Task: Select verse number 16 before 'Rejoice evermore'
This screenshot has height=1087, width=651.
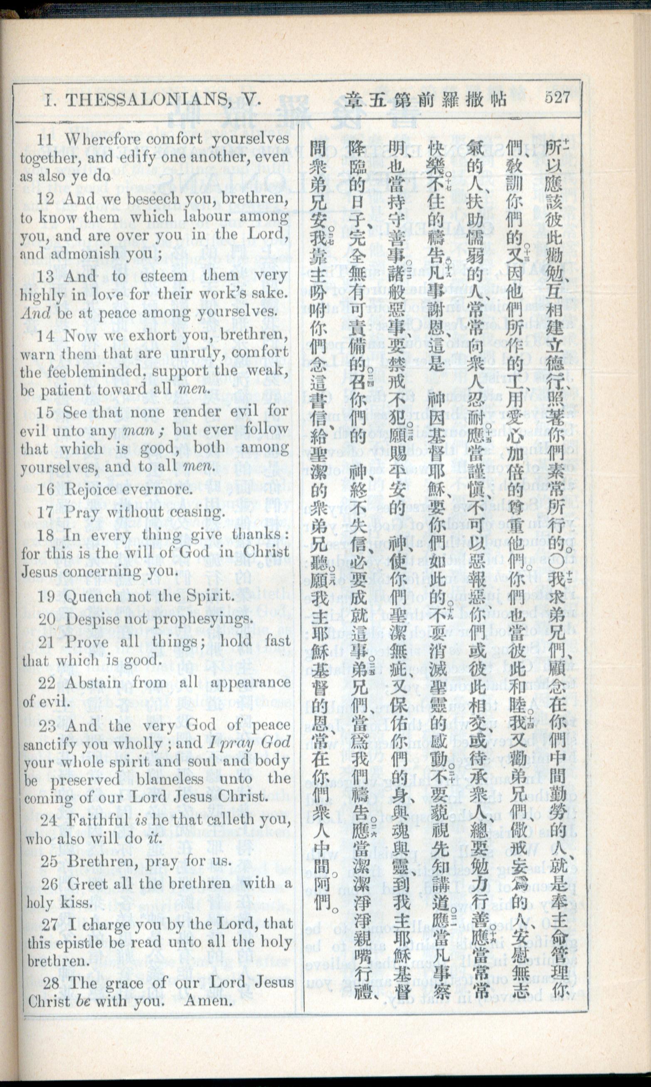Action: point(46,489)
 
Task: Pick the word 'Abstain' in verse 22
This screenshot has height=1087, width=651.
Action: point(94,683)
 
